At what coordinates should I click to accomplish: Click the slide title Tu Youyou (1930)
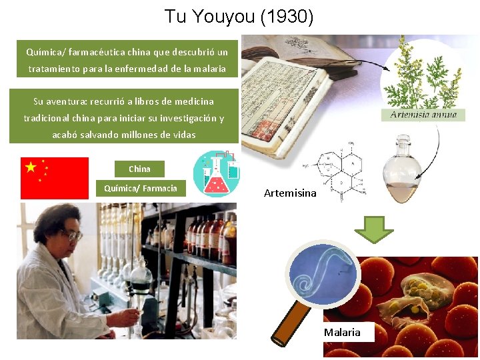tap(239, 16)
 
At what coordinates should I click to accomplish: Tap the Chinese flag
tap(55, 178)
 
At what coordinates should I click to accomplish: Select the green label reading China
tap(139, 169)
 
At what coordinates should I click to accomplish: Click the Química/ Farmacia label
tap(141, 189)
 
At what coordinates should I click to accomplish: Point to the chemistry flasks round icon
tap(217, 173)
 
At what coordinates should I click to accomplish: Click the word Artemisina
tap(290, 193)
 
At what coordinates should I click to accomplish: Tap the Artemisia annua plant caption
tap(423, 115)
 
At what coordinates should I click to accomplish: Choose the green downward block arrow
tap(374, 229)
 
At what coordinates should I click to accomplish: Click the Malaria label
tap(342, 332)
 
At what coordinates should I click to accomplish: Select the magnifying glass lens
tap(323, 274)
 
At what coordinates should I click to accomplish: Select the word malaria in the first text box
tap(210, 69)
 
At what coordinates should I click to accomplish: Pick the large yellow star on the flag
tap(31, 167)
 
